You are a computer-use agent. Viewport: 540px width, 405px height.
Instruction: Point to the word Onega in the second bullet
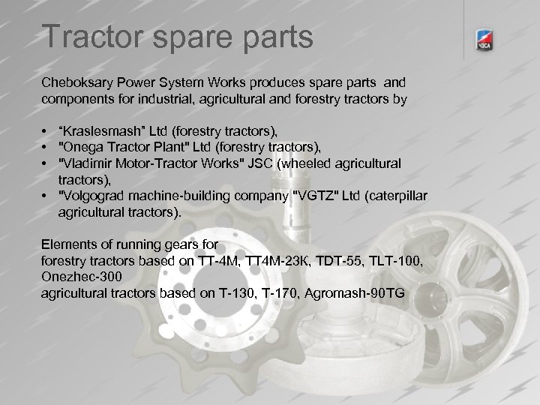83,147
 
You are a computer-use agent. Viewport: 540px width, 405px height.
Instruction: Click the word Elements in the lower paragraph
68,244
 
